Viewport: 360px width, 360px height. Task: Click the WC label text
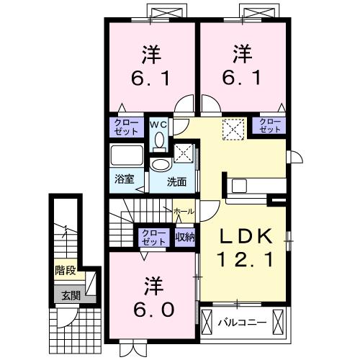coord(158,124)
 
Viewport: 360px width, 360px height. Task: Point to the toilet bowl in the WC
coord(159,139)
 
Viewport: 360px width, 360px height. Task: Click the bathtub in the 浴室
coord(128,156)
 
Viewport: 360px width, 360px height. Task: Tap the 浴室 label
coord(124,179)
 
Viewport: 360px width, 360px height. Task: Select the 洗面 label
coord(176,182)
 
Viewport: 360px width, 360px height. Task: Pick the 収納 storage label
coord(184,237)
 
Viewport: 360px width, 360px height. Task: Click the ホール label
coord(183,211)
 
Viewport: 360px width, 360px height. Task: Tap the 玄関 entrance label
coord(70,294)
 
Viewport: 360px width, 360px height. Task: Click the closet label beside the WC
coord(127,127)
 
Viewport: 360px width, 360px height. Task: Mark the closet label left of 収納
coord(152,237)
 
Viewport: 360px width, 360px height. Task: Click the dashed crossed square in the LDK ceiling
coord(232,130)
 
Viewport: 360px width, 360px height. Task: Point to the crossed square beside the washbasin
coord(184,153)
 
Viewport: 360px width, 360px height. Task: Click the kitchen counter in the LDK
coord(252,185)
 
